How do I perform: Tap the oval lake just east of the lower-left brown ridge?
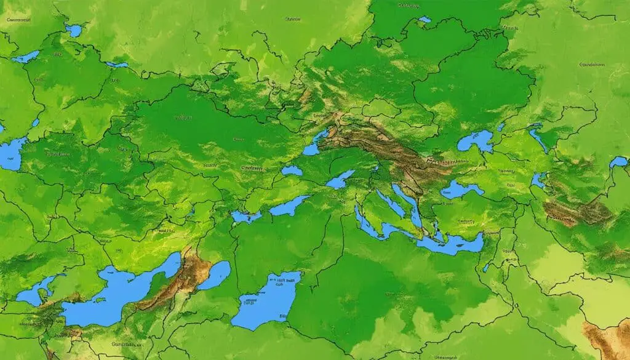215,274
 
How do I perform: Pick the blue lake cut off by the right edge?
619,162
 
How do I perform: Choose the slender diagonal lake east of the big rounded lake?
537,138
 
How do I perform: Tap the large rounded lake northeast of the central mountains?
475,141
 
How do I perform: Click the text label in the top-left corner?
19,20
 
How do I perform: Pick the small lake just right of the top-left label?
74,30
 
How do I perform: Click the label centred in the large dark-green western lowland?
185,117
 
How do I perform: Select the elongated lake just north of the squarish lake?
289,205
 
